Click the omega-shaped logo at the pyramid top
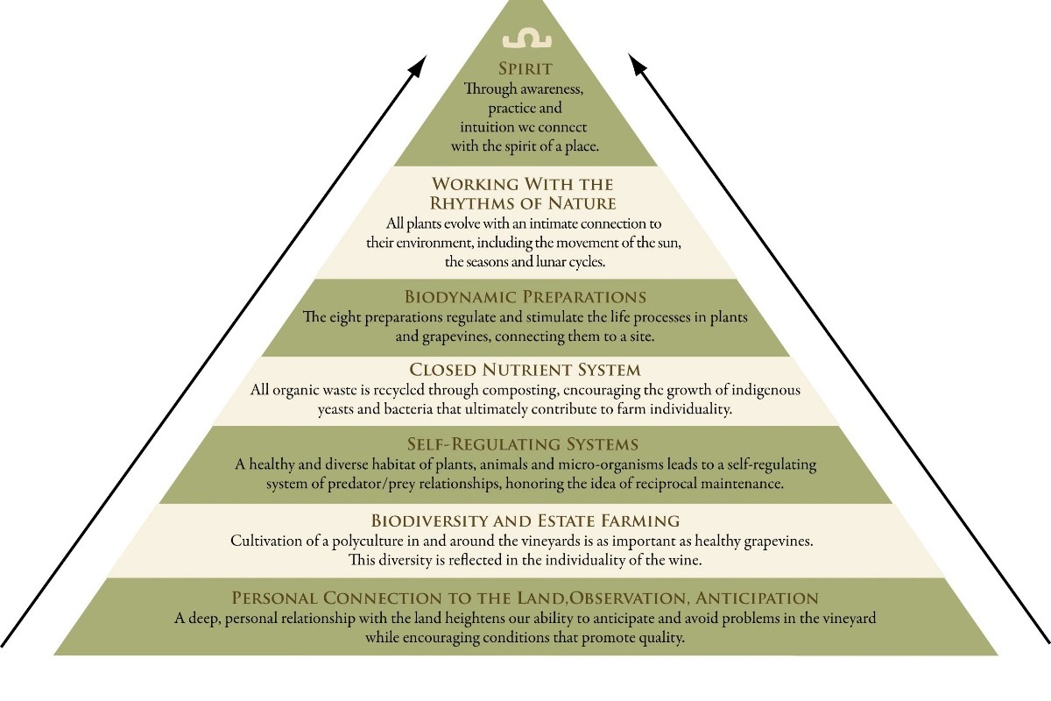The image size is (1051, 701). (x=527, y=39)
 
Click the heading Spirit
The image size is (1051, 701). (x=525, y=68)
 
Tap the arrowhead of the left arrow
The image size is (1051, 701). (x=418, y=67)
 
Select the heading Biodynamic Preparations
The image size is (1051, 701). (x=525, y=297)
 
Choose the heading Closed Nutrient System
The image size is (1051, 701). (x=525, y=370)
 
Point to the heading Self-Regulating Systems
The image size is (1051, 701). (x=523, y=443)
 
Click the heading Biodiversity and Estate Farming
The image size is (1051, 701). (x=525, y=520)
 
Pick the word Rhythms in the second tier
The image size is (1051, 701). (x=474, y=203)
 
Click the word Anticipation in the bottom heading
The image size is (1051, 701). (x=757, y=598)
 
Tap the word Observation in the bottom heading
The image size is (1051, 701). (x=628, y=598)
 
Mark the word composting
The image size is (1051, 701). (x=519, y=391)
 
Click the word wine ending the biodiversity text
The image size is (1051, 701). (x=685, y=560)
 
